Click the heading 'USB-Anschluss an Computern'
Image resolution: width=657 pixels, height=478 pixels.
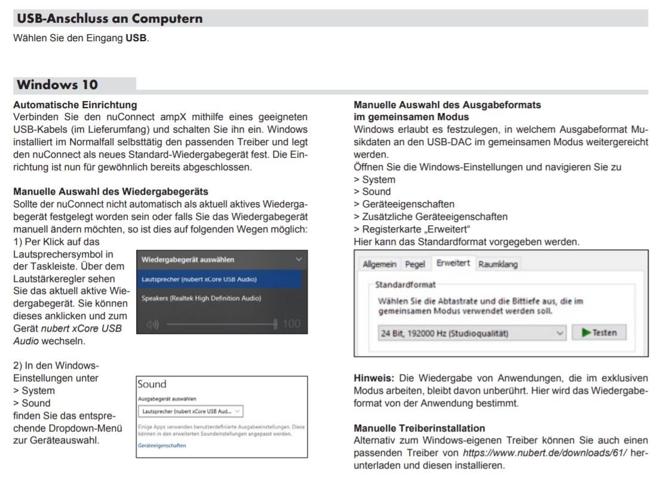point(109,19)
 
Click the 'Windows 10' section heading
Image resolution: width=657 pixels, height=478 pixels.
point(57,84)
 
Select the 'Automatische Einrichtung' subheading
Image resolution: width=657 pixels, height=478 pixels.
point(75,105)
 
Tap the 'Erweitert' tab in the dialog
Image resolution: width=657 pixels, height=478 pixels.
point(453,263)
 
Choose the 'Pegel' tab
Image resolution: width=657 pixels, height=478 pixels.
point(415,264)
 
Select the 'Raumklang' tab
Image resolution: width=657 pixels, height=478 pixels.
point(498,264)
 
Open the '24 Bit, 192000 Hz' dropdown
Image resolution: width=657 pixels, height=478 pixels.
point(472,333)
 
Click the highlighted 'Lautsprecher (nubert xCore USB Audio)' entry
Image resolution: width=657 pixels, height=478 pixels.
point(199,279)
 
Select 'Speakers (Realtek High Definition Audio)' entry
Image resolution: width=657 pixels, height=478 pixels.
point(201,298)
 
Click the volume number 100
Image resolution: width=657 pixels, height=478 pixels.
point(291,324)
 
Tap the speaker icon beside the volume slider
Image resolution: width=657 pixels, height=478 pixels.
point(153,324)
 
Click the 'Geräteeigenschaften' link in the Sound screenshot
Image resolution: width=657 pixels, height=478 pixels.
point(162,445)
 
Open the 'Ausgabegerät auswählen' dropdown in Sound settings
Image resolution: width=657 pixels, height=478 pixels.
point(190,411)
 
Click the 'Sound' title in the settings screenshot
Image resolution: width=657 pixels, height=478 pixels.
point(152,384)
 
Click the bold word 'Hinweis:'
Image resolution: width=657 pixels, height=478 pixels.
point(374,378)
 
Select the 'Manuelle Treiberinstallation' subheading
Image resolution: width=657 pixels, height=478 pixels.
point(419,428)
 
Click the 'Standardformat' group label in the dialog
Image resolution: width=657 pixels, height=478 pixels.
point(406,285)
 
